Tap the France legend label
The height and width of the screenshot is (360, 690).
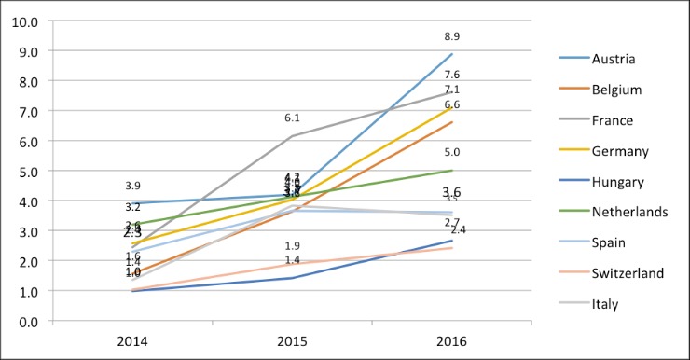(613, 120)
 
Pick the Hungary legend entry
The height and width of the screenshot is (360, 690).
(616, 181)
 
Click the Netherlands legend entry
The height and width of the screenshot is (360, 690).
(629, 212)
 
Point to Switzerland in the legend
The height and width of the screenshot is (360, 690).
(628, 273)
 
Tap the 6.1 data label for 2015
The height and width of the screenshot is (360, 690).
(292, 118)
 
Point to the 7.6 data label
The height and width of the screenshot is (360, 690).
(452, 75)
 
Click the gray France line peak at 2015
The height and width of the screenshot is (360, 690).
(292, 136)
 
